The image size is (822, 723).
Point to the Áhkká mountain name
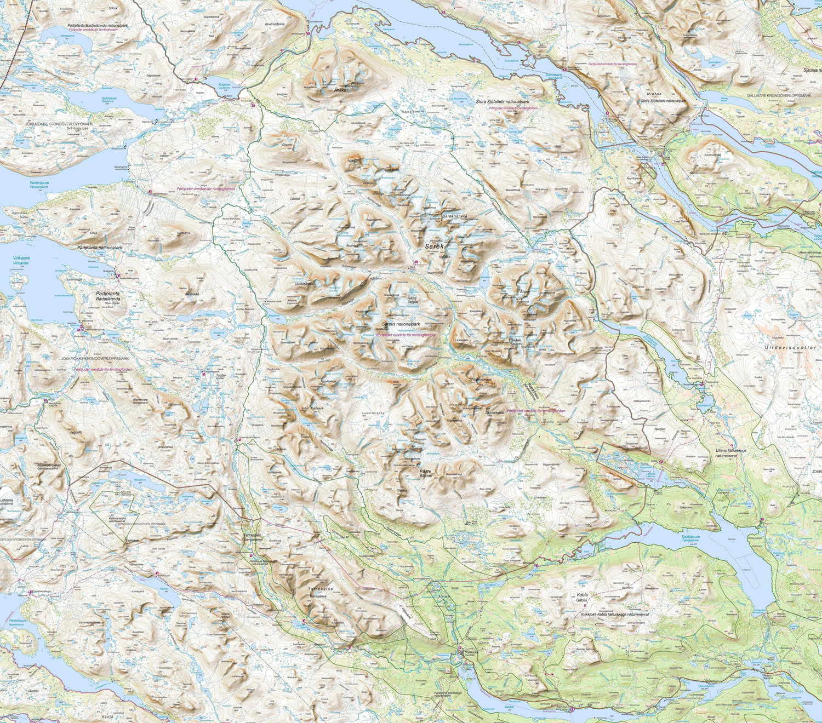(x=340, y=90)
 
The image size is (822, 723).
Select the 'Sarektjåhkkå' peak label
(x=454, y=216)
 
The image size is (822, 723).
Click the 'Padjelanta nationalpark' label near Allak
(x=100, y=248)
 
